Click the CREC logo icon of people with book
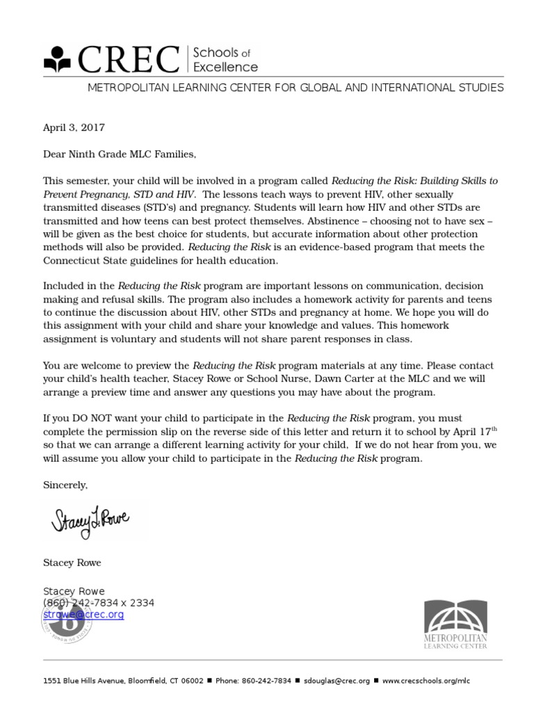tap(59, 60)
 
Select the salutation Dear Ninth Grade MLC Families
tap(115, 154)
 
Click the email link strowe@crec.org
tap(83, 615)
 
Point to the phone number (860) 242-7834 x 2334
tap(99, 603)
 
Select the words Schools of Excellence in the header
tap(225, 60)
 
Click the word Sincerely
tap(65, 485)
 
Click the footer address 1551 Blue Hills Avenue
tap(83, 681)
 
